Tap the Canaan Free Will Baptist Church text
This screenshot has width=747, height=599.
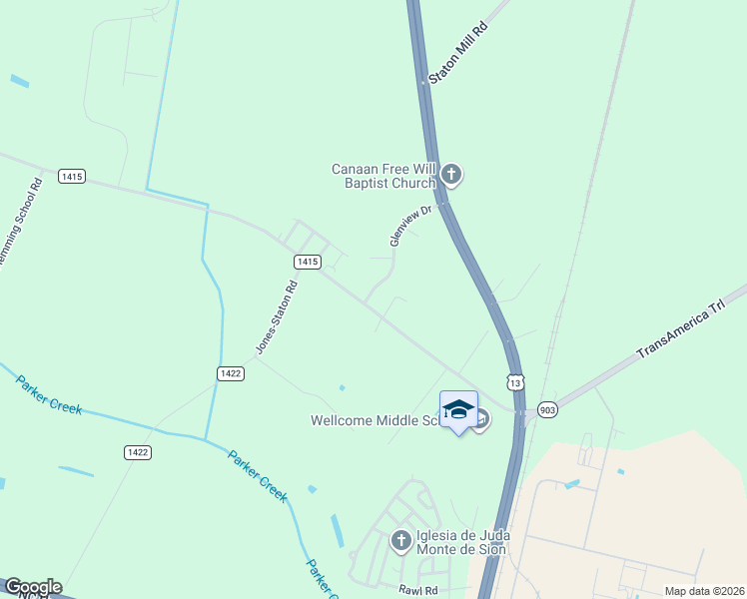pyautogui.click(x=384, y=176)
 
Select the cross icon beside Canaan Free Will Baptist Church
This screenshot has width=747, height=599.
pyautogui.click(x=451, y=176)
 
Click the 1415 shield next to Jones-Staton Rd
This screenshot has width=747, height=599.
pyautogui.click(x=308, y=261)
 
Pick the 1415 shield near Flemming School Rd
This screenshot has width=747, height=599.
pyautogui.click(x=71, y=176)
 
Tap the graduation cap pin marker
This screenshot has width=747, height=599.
pyautogui.click(x=458, y=409)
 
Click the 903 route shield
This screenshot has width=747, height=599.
pyautogui.click(x=545, y=409)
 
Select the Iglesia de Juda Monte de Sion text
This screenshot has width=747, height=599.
pyautogui.click(x=462, y=542)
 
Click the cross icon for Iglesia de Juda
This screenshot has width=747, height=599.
pyautogui.click(x=400, y=541)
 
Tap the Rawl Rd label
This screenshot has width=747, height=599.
pyautogui.click(x=417, y=591)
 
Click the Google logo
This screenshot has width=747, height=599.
pyautogui.click(x=33, y=587)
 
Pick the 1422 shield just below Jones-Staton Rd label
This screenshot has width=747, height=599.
pyautogui.click(x=230, y=372)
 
